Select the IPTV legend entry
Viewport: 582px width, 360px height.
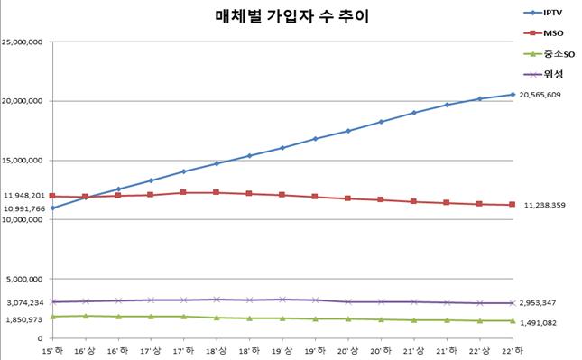click(550, 13)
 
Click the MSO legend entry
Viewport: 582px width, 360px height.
click(550, 32)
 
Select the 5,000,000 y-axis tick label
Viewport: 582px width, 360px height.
click(27, 279)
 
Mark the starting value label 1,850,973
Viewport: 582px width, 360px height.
click(25, 320)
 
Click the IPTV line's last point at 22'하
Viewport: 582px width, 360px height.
click(513, 95)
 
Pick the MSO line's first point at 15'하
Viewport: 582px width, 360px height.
click(52, 196)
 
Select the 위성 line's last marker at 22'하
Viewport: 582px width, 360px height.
click(513, 303)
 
